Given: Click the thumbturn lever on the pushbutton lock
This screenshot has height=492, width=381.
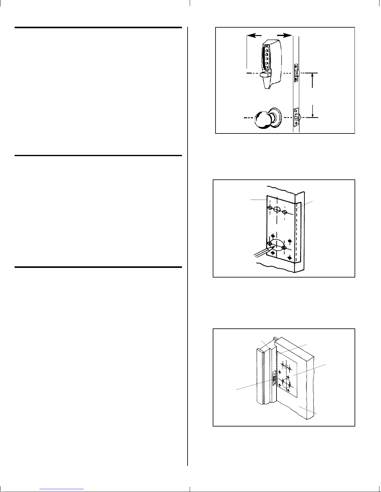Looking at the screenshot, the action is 264,74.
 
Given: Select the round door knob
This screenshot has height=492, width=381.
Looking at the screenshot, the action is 263,120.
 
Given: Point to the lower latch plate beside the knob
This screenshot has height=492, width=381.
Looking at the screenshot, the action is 296,117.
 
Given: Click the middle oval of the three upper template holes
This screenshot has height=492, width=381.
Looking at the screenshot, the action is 276,210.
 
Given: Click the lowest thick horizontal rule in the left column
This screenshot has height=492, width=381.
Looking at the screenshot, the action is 98,267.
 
